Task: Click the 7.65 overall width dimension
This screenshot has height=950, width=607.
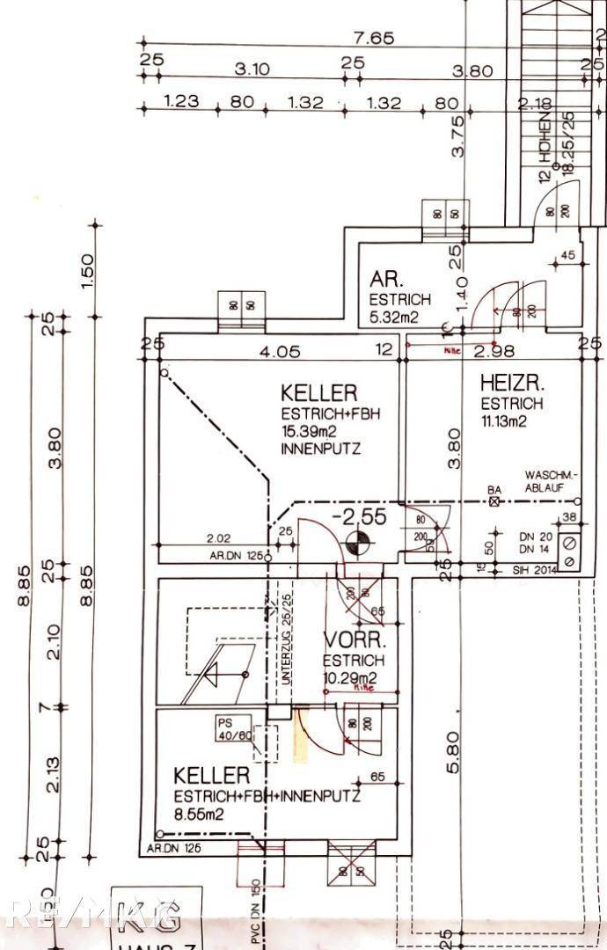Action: click(374, 39)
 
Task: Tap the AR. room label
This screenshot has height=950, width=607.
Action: click(386, 280)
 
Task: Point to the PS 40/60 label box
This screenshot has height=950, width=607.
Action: click(233, 729)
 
